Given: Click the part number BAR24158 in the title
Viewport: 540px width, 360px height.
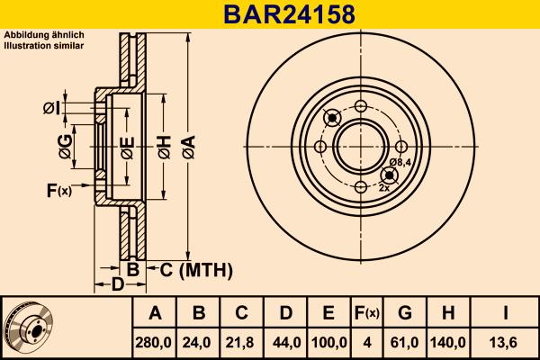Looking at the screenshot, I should pyautogui.click(x=270, y=14).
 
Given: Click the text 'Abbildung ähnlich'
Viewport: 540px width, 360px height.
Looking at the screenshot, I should pyautogui.click(x=44, y=35).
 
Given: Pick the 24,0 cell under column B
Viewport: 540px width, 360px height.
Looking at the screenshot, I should pyautogui.click(x=199, y=343).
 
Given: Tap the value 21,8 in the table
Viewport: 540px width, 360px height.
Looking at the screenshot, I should pyautogui.click(x=241, y=343).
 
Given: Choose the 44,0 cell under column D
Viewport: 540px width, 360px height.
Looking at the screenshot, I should pyautogui.click(x=284, y=343).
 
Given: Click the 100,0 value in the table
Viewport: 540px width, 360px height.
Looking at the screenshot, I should pyautogui.click(x=328, y=343).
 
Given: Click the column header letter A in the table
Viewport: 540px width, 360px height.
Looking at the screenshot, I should pyautogui.click(x=156, y=314).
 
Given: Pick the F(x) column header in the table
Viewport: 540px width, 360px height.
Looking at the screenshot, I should pyautogui.click(x=366, y=314).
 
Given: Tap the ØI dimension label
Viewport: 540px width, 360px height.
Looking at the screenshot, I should pyautogui.click(x=52, y=109).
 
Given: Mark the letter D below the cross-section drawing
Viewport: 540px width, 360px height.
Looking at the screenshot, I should pyautogui.click(x=117, y=285).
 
